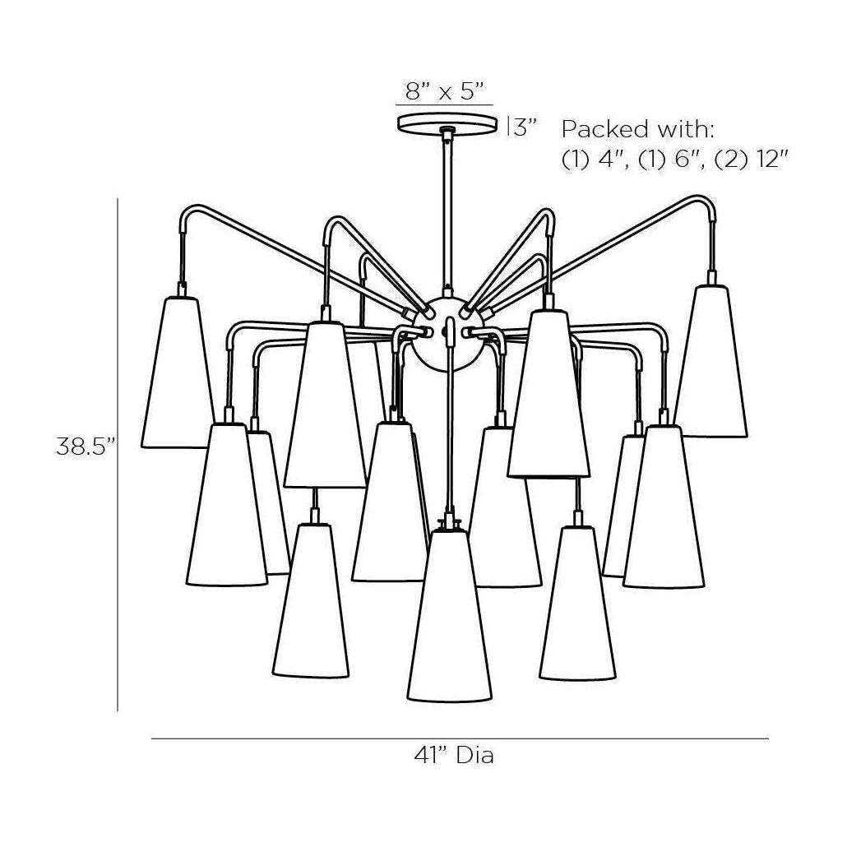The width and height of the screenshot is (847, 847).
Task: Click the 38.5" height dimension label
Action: tap(86, 447)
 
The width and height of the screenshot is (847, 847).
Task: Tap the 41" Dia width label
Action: tap(454, 755)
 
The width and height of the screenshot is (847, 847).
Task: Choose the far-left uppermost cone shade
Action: tap(178, 373)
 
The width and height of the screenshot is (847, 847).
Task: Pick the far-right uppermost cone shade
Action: tap(711, 361)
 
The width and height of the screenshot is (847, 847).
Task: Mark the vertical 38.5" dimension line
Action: tap(118, 455)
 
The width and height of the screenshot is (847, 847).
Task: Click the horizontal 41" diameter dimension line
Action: tap(460, 738)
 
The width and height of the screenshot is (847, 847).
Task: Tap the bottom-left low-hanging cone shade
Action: tap(311, 600)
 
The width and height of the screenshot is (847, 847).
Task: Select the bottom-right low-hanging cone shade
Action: tap(577, 604)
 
